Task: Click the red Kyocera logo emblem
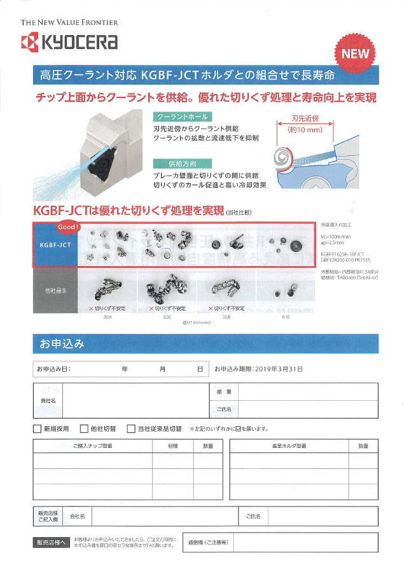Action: click(x=30, y=42)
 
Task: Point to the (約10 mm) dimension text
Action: click(x=299, y=130)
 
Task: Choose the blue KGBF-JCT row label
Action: click(x=55, y=244)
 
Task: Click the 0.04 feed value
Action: click(x=107, y=316)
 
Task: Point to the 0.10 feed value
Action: click(x=285, y=316)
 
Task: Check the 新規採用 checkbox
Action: click(x=38, y=429)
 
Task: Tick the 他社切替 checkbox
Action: click(x=85, y=429)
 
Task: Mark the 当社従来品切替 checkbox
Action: click(x=131, y=429)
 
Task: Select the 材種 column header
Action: click(x=173, y=446)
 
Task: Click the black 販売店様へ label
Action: click(x=51, y=543)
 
